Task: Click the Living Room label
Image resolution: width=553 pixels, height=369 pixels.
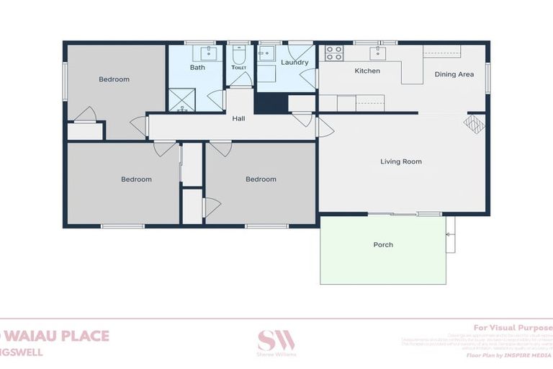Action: pos(401,161)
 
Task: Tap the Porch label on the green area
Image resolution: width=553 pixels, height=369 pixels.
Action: pos(383,245)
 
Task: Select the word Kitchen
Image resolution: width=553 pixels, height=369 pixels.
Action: pos(367,71)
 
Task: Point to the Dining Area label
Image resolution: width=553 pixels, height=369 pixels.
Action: pos(454,74)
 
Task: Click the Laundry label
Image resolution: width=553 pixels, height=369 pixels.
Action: pos(295,63)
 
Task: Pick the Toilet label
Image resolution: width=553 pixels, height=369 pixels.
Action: pos(239,68)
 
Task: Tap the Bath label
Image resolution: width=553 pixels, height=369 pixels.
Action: pos(197,68)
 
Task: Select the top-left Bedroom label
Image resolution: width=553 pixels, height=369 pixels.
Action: pos(114,79)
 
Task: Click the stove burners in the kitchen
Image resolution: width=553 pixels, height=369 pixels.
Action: pos(334,53)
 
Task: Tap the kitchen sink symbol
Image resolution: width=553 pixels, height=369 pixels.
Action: pos(377,53)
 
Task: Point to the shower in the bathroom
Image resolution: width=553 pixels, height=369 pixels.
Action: pos(181,100)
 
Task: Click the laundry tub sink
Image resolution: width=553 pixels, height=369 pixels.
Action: pos(266,53)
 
